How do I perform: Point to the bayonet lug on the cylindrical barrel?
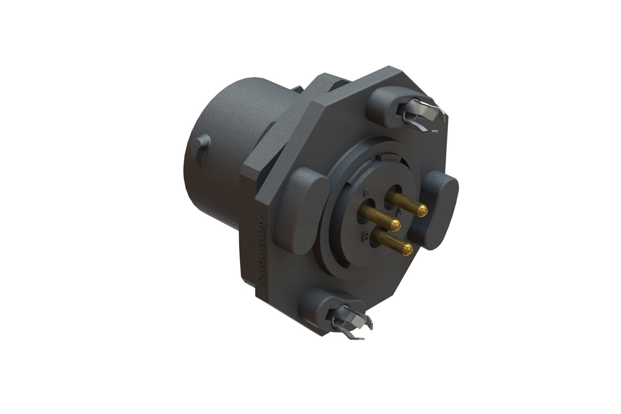tap(202, 148)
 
